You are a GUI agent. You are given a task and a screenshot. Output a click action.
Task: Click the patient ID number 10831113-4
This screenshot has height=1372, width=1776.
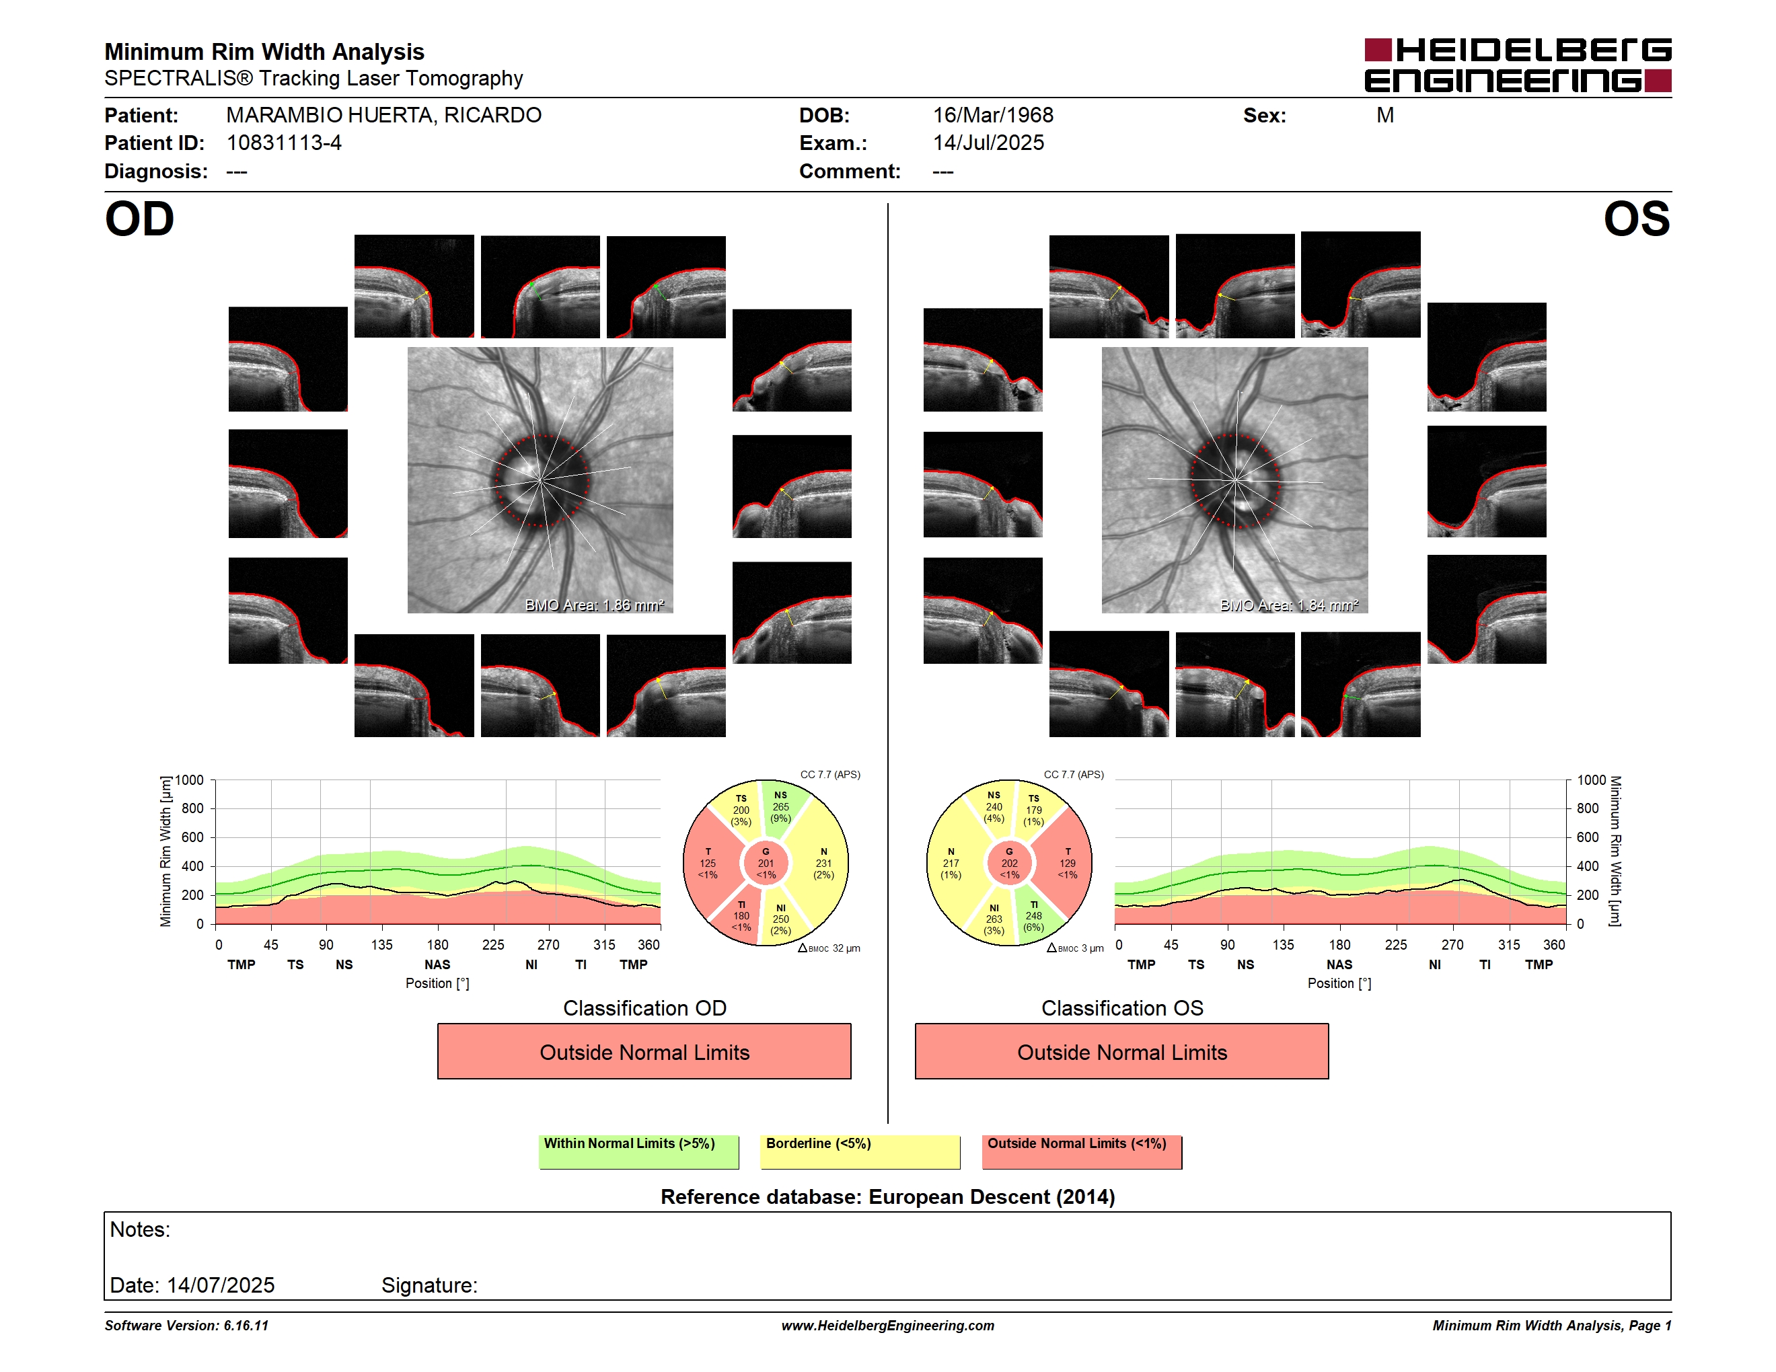tap(284, 143)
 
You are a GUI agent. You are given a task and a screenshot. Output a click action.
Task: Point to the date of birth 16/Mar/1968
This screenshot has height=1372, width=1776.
tap(993, 116)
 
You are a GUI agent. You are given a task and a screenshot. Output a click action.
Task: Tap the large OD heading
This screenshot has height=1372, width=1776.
tap(139, 219)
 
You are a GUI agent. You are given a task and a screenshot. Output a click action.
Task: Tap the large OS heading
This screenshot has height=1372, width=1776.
tap(1636, 219)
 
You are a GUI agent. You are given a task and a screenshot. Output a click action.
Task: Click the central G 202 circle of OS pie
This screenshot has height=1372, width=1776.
tap(1009, 863)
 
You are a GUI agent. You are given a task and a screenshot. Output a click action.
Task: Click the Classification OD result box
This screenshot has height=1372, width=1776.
tap(644, 1052)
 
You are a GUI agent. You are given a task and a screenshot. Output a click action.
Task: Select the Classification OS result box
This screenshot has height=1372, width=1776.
tap(1121, 1052)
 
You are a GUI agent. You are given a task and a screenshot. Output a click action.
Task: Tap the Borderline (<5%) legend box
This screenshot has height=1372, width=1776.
tap(860, 1151)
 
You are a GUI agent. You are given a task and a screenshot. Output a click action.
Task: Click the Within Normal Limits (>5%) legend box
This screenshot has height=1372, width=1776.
tap(638, 1151)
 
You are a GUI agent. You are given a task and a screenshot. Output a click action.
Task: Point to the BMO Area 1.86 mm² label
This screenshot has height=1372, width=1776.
tap(595, 605)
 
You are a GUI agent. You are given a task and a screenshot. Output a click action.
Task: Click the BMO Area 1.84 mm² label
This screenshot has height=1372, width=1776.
tap(1289, 605)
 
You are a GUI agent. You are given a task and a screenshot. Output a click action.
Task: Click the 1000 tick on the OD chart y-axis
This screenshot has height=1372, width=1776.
tap(190, 780)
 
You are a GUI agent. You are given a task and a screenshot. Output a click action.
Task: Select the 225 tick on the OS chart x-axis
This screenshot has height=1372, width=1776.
tap(1395, 944)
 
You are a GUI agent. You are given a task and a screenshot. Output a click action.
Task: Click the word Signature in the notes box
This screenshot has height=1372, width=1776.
tap(429, 1285)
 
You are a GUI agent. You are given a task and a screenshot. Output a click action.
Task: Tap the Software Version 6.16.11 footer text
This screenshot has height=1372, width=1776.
tap(186, 1326)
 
